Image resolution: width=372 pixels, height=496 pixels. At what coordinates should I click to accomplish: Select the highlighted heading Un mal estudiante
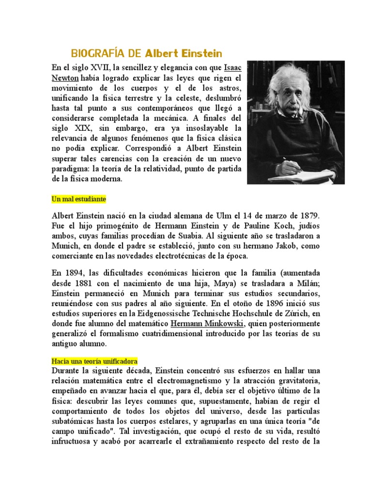(78, 199)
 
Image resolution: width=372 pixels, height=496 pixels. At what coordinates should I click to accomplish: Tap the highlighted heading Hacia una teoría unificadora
(94, 361)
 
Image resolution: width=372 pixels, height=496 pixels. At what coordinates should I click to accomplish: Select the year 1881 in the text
(92, 284)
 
